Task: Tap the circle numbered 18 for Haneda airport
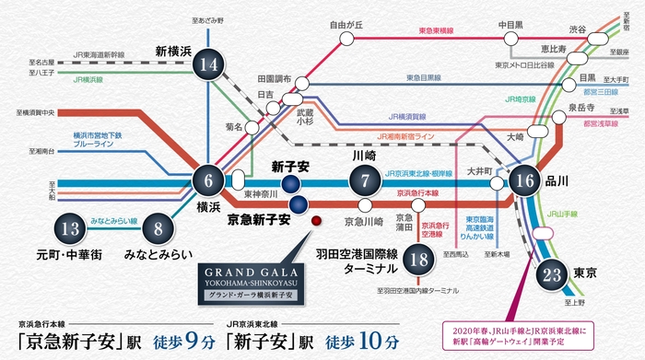[x=420, y=260]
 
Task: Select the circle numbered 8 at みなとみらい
[x=159, y=228]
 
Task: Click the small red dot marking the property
[x=316, y=221]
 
